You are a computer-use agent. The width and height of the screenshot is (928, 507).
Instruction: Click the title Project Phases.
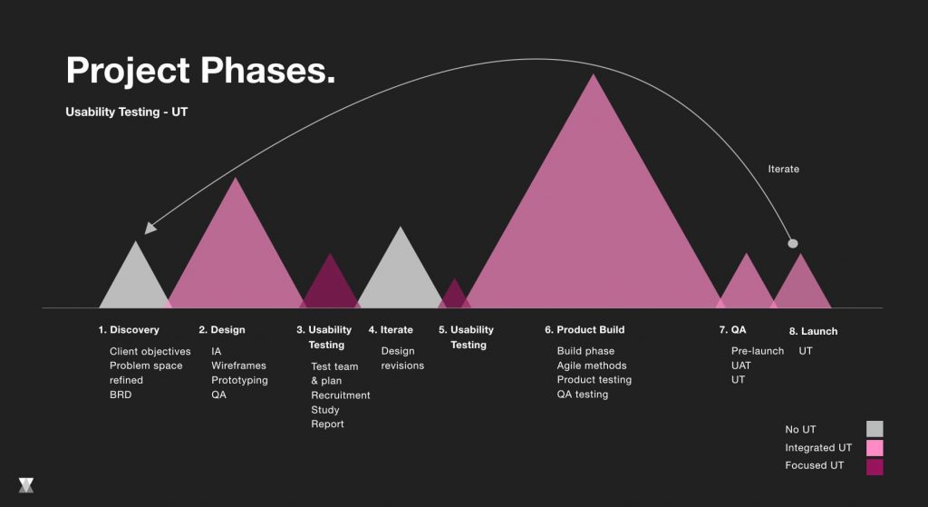pos(200,71)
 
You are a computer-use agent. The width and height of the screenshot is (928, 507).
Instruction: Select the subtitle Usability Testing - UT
pos(127,112)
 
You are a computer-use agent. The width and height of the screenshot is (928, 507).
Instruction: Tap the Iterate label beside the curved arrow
pos(784,169)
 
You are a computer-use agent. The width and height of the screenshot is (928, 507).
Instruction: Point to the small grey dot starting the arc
pos(792,243)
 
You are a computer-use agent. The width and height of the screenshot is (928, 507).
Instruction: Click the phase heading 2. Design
pos(222,330)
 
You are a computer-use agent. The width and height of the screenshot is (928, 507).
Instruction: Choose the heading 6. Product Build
pos(585,330)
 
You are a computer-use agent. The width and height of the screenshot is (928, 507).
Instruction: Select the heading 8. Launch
pos(813,331)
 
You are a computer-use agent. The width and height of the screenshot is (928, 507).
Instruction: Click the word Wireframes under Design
pos(238,366)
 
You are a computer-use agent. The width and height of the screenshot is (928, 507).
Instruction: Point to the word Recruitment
pos(341,395)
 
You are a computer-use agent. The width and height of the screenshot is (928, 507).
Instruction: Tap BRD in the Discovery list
pos(121,395)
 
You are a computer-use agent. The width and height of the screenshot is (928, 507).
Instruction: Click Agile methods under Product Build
pos(591,366)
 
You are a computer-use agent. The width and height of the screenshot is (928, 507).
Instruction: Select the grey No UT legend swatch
pos(875,429)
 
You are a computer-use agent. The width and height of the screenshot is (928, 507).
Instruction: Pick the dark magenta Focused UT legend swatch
pos(875,467)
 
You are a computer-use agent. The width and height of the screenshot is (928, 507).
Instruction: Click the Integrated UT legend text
pos(818,448)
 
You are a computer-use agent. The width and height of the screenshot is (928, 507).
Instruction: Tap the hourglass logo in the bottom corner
pos(26,485)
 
